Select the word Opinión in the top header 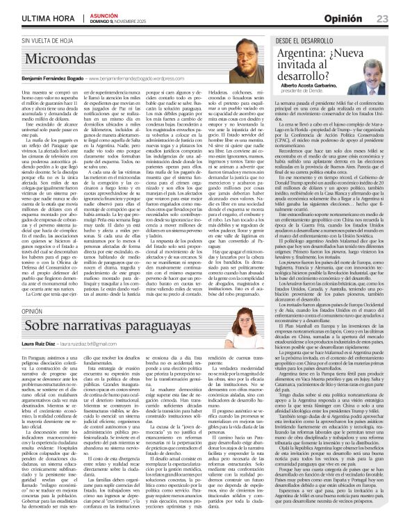[x=346, y=17]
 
